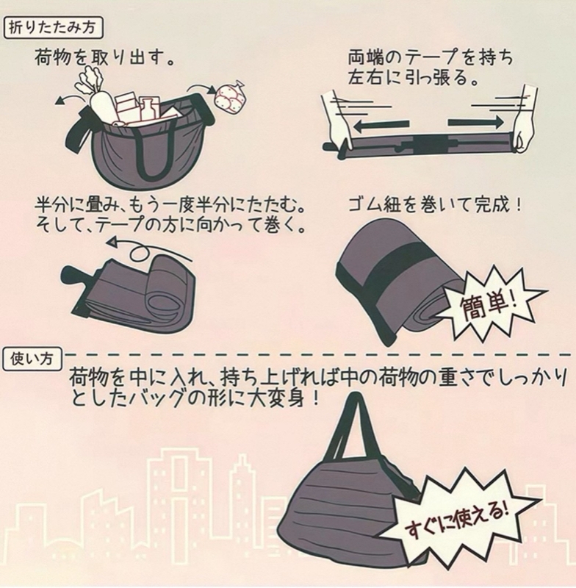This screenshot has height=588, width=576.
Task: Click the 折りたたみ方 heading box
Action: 53,28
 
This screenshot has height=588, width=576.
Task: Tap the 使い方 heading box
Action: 32,359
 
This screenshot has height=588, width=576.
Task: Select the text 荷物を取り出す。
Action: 104,59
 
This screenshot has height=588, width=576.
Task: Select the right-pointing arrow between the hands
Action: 475,122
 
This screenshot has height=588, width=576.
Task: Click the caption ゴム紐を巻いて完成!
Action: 435,206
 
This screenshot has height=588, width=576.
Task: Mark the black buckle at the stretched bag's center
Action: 428,144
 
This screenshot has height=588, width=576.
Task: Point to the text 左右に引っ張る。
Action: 414,78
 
